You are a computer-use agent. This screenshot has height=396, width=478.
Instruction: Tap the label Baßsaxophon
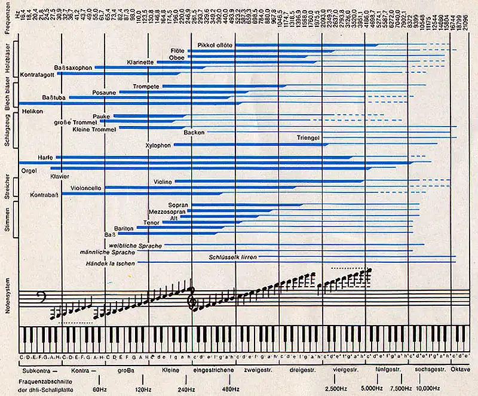(73, 67)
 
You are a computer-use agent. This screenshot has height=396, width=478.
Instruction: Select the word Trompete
(146, 87)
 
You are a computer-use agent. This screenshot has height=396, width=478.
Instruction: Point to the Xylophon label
(158, 145)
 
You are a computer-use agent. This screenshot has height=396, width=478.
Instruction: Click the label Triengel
(309, 138)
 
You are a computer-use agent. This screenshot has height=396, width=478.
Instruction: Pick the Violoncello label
(86, 188)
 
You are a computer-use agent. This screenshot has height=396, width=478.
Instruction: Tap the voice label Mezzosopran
(167, 211)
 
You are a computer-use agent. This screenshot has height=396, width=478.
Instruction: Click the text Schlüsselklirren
(233, 257)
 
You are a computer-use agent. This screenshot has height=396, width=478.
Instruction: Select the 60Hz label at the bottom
(99, 388)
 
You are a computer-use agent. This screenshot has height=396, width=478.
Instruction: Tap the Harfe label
(46, 157)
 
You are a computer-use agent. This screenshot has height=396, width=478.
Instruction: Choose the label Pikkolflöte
(216, 45)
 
